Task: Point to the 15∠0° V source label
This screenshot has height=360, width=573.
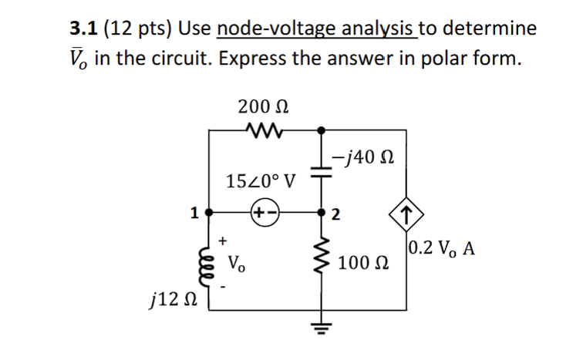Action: click(262, 182)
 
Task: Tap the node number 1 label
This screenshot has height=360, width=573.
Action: click(196, 210)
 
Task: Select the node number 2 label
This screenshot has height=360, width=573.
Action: click(336, 214)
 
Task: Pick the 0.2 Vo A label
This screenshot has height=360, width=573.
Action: click(442, 249)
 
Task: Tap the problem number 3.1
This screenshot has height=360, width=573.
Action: click(83, 29)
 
